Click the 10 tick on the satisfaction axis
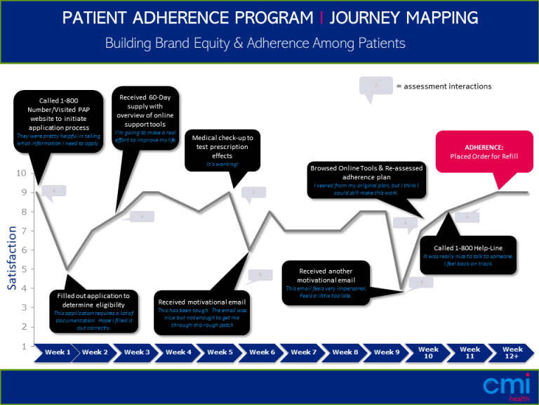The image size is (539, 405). [22, 173]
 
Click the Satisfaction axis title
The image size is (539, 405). [12, 257]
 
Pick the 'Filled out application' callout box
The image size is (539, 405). [93, 310]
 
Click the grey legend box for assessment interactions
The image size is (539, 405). [375, 86]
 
